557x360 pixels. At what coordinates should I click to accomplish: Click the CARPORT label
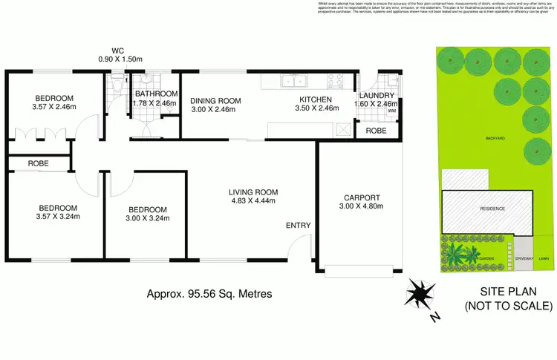[x=362, y=197]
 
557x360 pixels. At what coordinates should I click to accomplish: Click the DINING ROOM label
[x=213, y=101]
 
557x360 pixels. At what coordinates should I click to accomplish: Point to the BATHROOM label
[x=156, y=94]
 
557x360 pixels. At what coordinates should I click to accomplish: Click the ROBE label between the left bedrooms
[x=39, y=163]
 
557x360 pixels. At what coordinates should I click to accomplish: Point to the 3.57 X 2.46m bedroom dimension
[x=45, y=107]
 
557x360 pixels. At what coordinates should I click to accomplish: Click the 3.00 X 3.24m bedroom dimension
[x=147, y=218]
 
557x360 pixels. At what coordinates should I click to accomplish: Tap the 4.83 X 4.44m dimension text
[x=253, y=201]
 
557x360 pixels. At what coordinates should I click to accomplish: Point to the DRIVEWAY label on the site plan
[x=525, y=258]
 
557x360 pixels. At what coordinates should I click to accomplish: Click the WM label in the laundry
[x=391, y=111]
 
